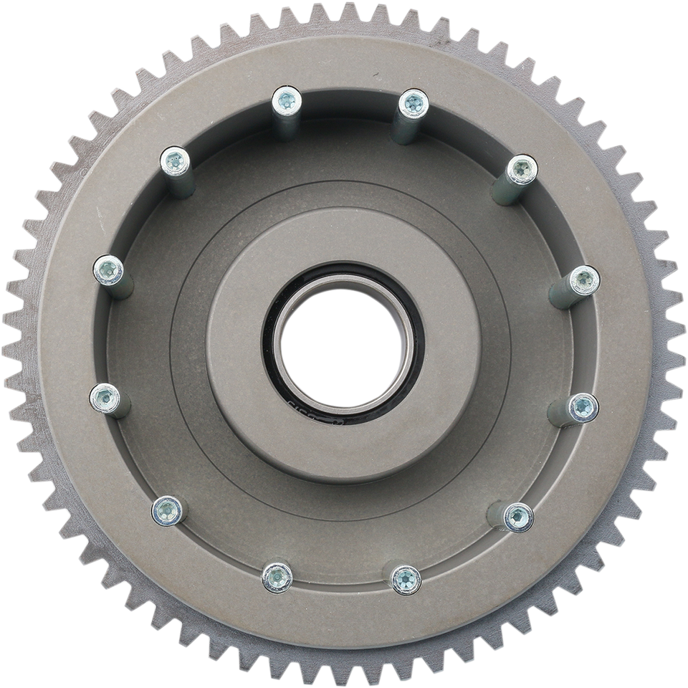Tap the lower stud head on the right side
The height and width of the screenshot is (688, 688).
(583, 407)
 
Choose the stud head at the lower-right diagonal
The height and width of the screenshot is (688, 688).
(518, 515)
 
